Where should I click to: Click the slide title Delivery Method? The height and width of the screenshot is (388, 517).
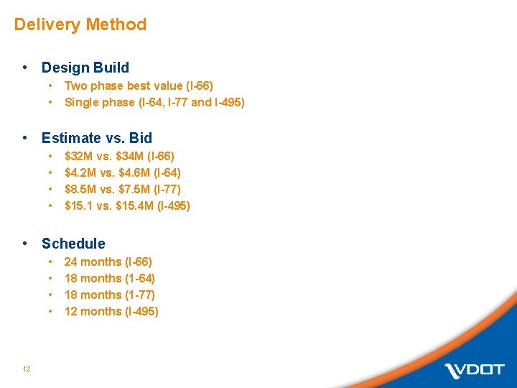pos(80,24)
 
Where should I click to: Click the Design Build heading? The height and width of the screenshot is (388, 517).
pos(85,68)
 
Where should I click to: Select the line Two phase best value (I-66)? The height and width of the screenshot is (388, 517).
pos(138,86)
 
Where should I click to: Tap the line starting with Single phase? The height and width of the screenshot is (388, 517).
pos(154,102)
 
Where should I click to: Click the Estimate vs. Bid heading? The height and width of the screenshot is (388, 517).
pos(97,138)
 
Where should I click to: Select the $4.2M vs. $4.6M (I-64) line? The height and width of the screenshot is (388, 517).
pos(122,172)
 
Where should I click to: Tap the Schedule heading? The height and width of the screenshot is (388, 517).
pos(73,244)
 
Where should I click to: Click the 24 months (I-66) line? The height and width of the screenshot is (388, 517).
pos(108,262)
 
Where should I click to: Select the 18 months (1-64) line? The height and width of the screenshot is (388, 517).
pos(109,278)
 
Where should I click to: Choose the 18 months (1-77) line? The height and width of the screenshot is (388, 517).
pos(109,295)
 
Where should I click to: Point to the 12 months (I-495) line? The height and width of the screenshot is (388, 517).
pos(111,311)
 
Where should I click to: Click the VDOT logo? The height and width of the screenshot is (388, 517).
pos(474,371)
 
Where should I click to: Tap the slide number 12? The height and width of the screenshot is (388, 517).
pos(26,369)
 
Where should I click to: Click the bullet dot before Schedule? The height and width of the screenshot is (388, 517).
pos(25,244)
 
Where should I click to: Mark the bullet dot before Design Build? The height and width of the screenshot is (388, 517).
pos(25,68)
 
